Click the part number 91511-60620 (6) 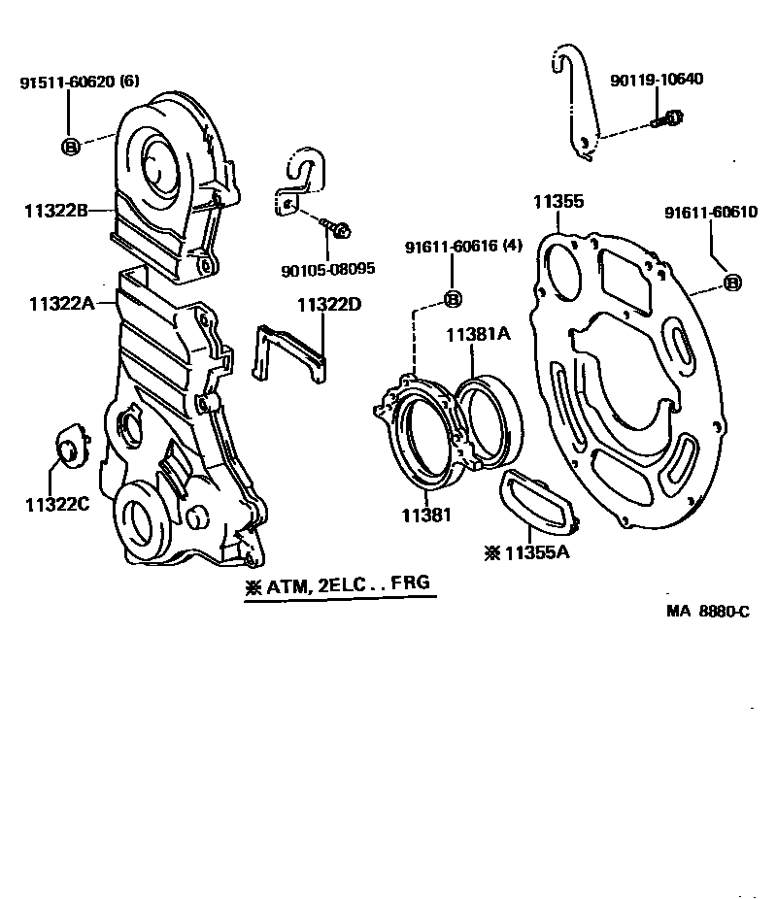click(x=80, y=83)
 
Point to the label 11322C click(x=56, y=503)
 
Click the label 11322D click(x=329, y=305)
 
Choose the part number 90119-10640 click(x=657, y=80)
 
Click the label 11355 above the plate click(x=557, y=202)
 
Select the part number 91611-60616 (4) click(x=453, y=249)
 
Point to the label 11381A click(x=478, y=334)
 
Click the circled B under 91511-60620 click(x=71, y=147)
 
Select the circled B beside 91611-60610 click(x=733, y=283)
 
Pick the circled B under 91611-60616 click(x=453, y=298)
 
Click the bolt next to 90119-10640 click(x=667, y=120)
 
